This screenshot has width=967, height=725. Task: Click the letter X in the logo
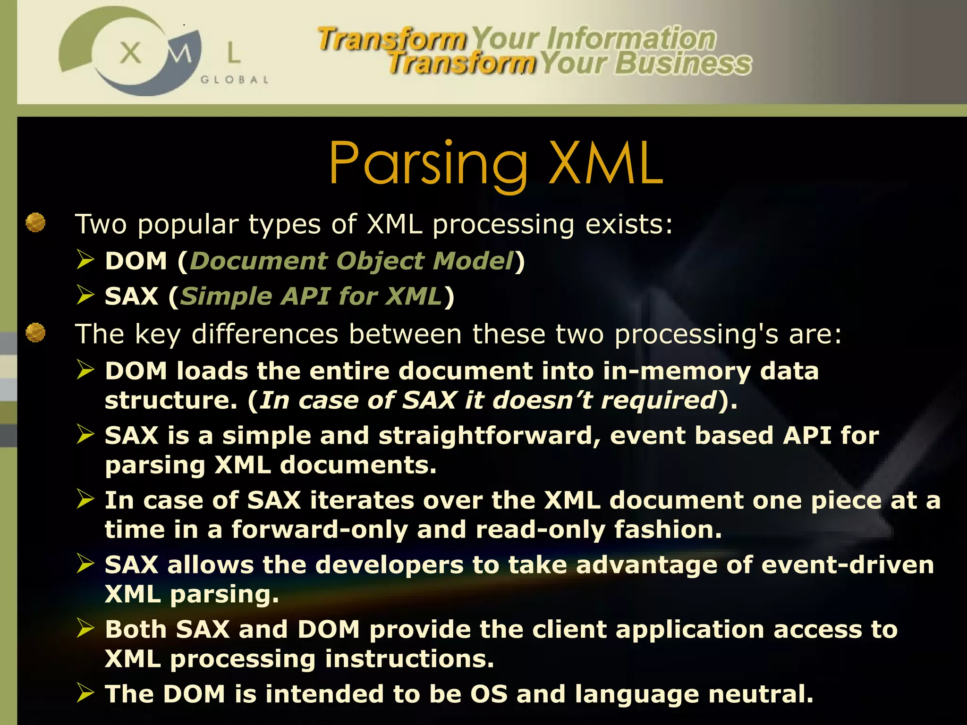(x=130, y=52)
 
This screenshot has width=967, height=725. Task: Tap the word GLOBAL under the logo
(x=235, y=80)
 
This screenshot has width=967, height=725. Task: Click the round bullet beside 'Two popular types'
(x=35, y=222)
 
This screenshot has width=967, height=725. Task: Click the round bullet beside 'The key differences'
(x=35, y=333)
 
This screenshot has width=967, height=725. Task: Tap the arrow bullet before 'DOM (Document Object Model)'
(x=86, y=260)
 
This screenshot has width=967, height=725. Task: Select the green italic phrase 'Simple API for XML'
(x=311, y=296)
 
